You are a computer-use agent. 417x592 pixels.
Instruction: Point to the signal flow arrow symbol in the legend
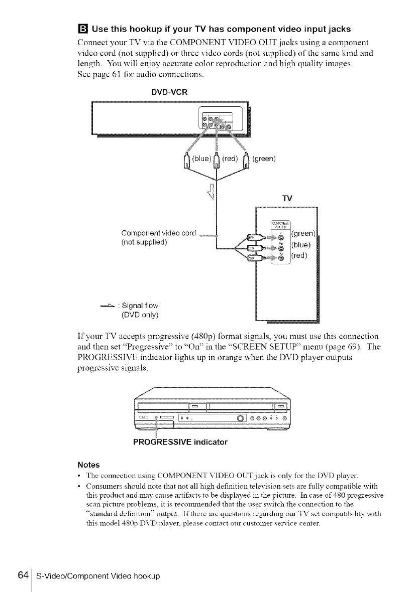pos(107,306)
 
